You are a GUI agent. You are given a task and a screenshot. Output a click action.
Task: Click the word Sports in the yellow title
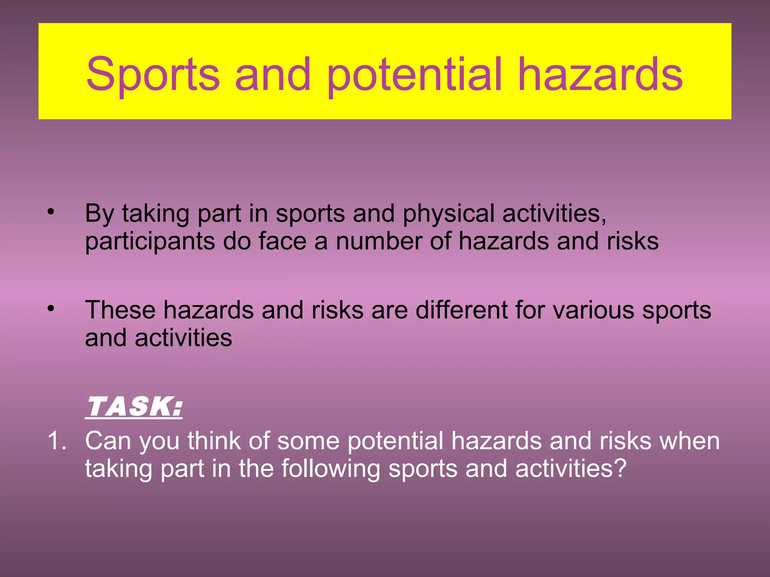[153, 74]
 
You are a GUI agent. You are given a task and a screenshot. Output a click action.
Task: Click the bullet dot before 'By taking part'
[51, 212]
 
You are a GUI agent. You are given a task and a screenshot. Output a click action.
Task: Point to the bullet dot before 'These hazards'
[51, 309]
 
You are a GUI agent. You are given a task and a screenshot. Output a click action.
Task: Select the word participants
[150, 242]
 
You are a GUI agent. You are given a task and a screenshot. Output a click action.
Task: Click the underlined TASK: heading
[134, 406]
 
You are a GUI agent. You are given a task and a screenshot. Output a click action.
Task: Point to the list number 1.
[56, 441]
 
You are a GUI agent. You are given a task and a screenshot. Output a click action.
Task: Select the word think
[214, 441]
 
